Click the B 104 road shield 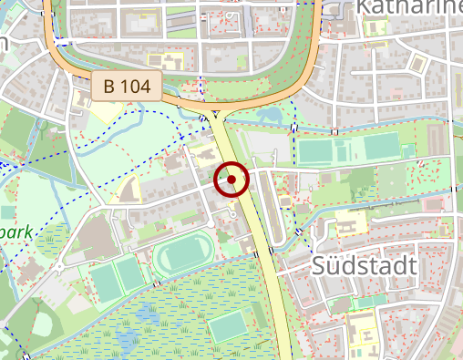coord(127,87)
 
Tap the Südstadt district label coord(364,266)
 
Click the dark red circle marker coord(231,180)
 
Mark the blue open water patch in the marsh coord(146,318)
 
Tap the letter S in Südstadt coord(320,266)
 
